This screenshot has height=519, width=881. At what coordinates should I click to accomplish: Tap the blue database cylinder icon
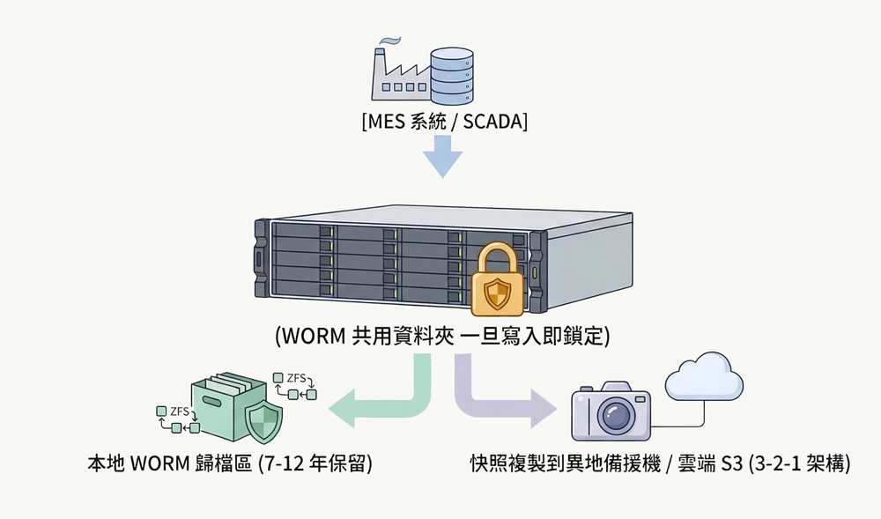[x=450, y=75]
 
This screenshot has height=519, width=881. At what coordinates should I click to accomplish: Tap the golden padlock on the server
[x=498, y=280]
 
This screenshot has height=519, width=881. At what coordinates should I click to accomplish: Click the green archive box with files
[x=226, y=407]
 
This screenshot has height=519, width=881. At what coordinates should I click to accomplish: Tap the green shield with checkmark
[x=263, y=424]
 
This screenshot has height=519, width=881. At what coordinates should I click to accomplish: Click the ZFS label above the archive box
[x=297, y=378]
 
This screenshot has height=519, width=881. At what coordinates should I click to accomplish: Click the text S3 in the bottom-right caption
[x=731, y=463]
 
